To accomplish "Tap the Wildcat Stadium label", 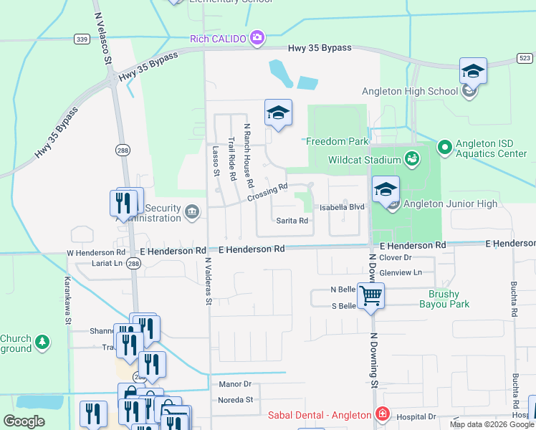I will tap(363, 160).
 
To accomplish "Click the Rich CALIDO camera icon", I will tap(257, 38).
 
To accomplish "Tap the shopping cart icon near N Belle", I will tap(370, 295).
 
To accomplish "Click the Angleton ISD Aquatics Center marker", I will tap(444, 148).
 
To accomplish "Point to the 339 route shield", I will tap(82, 39).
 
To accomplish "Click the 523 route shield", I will tap(525, 57).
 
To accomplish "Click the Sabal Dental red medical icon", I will tap(383, 415).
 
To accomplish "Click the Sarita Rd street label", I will tap(292, 221).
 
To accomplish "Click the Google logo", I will tap(24, 421).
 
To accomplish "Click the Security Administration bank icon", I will tap(192, 211).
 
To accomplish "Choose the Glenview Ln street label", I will tap(406, 272).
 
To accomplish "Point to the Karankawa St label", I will tap(69, 300).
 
